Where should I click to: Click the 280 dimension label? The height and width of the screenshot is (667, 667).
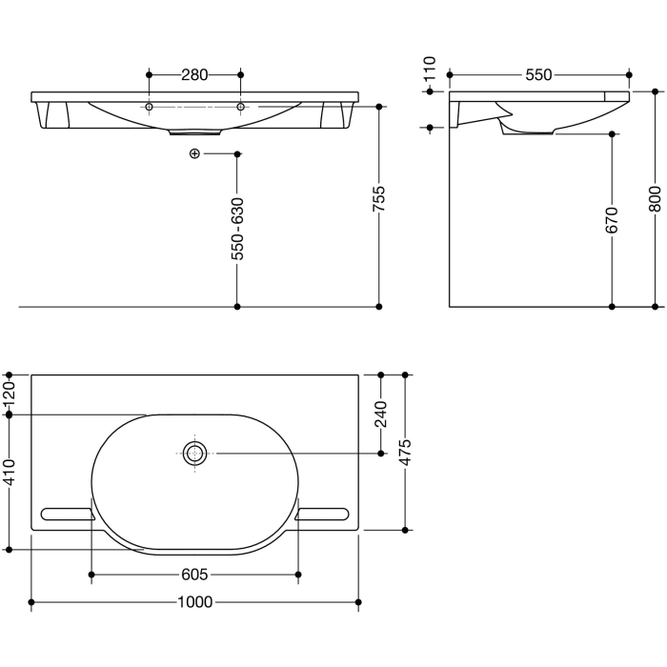click(x=194, y=73)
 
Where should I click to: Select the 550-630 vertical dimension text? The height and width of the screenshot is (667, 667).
click(x=237, y=229)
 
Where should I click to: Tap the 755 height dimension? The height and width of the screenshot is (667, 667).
click(x=379, y=205)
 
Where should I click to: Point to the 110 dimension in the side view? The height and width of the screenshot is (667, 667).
click(x=431, y=69)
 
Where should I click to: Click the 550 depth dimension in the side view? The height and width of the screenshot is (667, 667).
click(x=539, y=73)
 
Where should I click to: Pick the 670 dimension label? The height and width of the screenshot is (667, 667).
click(x=612, y=220)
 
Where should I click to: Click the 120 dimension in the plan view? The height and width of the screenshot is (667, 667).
click(x=10, y=394)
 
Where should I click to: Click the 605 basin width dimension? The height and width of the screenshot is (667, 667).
click(x=194, y=575)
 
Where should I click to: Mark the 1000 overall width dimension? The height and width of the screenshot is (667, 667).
click(x=194, y=602)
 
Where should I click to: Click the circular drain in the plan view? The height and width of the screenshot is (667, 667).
click(x=195, y=454)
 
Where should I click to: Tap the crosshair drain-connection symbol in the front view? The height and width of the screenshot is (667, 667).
click(x=194, y=152)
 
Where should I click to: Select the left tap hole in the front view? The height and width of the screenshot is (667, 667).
click(x=149, y=107)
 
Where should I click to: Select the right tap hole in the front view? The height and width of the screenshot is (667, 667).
click(x=240, y=107)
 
